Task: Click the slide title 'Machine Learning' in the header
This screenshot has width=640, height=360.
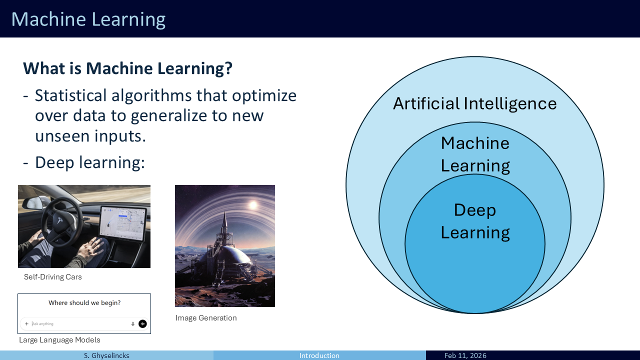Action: click(x=88, y=19)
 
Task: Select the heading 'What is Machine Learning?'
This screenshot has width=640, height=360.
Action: click(x=127, y=68)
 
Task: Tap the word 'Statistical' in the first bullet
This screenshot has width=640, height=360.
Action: click(x=71, y=95)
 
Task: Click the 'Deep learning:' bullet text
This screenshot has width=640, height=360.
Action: click(x=90, y=162)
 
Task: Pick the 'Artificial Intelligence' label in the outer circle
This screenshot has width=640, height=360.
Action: click(x=475, y=103)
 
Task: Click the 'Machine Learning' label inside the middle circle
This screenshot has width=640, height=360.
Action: click(x=475, y=154)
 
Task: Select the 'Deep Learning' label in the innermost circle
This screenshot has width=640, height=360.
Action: click(x=475, y=221)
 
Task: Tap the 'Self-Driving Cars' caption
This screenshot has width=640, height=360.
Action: click(x=53, y=277)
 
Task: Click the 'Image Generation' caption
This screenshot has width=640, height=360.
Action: click(x=206, y=318)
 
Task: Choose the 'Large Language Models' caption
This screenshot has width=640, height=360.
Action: click(x=59, y=340)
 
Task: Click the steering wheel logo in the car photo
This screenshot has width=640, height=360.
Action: click(x=60, y=220)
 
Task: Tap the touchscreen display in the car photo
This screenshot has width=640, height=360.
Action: click(x=123, y=223)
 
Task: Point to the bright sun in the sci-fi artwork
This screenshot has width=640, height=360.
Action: click(x=253, y=205)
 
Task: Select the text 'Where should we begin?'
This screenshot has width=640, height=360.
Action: click(x=84, y=303)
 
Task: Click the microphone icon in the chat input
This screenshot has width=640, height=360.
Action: click(x=133, y=324)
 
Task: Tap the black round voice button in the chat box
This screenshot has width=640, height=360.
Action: click(x=142, y=323)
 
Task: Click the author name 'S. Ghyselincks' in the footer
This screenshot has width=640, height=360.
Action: click(x=106, y=355)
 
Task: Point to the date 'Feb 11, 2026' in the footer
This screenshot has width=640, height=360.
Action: click(x=465, y=355)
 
